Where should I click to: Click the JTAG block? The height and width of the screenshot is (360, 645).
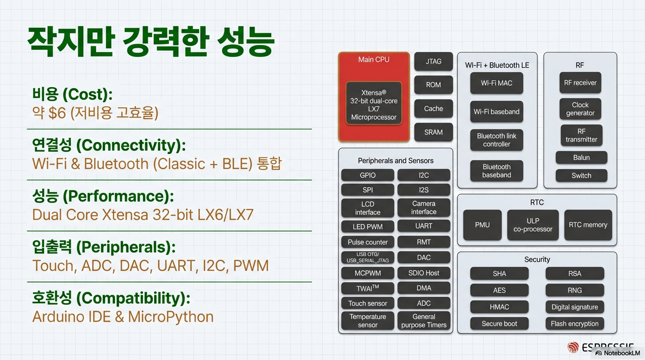click(x=434, y=61)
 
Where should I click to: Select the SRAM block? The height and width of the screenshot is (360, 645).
click(x=434, y=132)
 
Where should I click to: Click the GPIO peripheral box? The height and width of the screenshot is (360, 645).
click(x=367, y=175)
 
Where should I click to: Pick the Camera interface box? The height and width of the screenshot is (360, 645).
click(x=424, y=208)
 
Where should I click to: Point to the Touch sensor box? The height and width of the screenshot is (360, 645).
click(x=367, y=303)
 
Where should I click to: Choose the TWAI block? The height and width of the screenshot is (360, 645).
click(x=367, y=288)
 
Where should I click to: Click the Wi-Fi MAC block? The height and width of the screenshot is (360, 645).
click(x=496, y=83)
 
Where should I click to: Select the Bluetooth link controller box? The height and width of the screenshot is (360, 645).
click(x=496, y=140)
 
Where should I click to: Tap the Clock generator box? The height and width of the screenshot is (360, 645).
click(x=580, y=109)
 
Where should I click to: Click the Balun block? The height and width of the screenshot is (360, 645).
click(x=581, y=157)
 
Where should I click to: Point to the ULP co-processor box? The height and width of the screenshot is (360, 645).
click(x=533, y=225)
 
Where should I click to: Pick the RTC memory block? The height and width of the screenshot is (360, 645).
click(x=588, y=225)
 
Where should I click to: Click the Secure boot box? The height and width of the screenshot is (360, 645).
click(x=499, y=323)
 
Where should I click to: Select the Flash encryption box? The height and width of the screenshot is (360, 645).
click(x=575, y=323)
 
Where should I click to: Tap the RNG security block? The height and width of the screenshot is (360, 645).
click(x=575, y=290)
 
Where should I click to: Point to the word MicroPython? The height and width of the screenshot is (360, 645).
click(x=171, y=317)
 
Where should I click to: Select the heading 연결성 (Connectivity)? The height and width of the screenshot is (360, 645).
click(x=109, y=145)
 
